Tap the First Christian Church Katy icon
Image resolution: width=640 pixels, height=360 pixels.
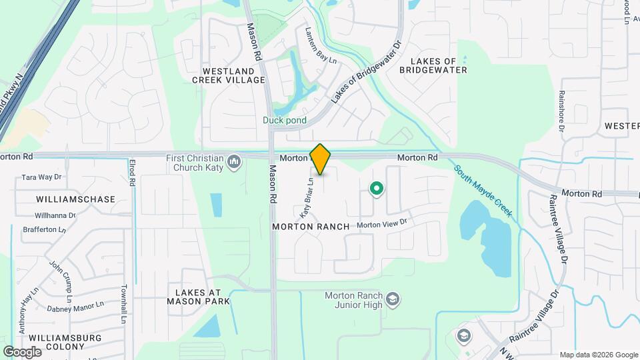[x=234, y=162]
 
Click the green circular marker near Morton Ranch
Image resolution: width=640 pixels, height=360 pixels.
[x=376, y=189]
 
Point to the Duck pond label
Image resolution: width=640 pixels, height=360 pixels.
[x=284, y=121]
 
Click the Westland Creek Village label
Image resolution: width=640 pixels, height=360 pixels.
[x=229, y=75]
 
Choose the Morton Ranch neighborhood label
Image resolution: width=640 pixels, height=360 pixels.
[x=311, y=227]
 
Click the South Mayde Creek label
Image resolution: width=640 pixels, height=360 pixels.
[x=484, y=191]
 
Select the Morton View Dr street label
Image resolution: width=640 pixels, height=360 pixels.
[x=381, y=225]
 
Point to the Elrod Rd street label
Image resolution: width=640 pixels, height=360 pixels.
[x=133, y=172]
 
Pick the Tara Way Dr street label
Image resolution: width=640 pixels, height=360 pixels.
[x=41, y=177]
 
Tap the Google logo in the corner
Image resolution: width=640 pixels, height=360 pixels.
[x=22, y=352]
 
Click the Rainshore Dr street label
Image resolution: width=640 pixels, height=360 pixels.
[x=562, y=111]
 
